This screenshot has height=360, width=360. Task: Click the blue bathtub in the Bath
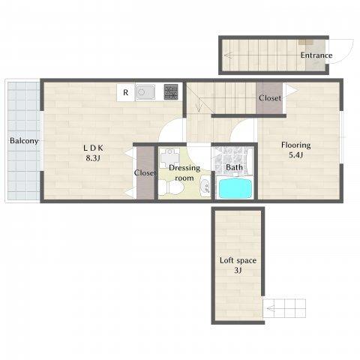click(x=235, y=187)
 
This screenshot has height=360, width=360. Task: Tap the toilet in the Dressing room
click(x=172, y=187)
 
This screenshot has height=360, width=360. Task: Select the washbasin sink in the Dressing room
click(x=205, y=186)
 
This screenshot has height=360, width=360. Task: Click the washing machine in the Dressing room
click(x=170, y=158)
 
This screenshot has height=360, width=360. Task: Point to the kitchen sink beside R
click(x=145, y=92)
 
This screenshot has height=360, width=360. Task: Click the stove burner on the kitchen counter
click(x=171, y=91)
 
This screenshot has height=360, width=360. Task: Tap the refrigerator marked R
click(x=126, y=92)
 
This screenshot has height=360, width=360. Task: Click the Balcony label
click(x=24, y=141)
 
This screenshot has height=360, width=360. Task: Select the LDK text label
click(x=93, y=148)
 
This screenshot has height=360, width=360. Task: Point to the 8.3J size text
click(x=93, y=158)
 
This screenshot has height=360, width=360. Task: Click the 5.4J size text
click(x=296, y=155)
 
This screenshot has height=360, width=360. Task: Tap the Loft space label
click(x=238, y=260)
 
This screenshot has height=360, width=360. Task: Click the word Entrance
click(x=316, y=55)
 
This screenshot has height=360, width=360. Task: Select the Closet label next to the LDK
click(x=145, y=172)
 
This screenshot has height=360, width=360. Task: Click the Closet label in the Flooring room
click(x=270, y=98)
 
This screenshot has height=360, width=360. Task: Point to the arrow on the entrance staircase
click(x=229, y=55)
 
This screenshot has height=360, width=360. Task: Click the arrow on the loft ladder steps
click(x=271, y=309)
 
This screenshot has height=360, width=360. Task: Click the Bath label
click(x=234, y=167)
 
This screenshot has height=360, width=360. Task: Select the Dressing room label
click(x=184, y=173)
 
